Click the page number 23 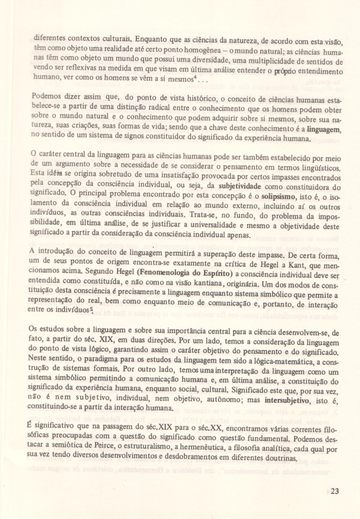[334, 491]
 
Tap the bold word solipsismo [279, 196]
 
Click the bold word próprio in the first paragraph [285, 71]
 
